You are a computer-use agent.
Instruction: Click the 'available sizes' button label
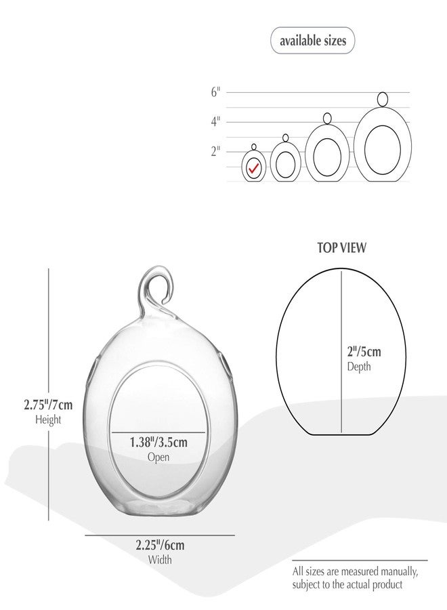tap(312, 41)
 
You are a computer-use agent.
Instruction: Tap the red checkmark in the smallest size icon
tap(255, 167)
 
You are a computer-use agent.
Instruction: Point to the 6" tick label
tap(215, 92)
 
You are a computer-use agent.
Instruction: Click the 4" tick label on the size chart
tap(215, 122)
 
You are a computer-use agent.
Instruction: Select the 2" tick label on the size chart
tap(215, 151)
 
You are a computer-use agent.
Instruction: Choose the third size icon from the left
tap(327, 153)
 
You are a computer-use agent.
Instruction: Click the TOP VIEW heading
tap(341, 248)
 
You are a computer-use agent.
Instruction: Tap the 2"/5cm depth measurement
tap(364, 352)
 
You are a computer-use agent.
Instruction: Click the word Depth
tap(359, 367)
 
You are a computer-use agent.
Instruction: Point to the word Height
tap(47, 420)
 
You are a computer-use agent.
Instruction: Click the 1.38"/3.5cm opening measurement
tap(158, 443)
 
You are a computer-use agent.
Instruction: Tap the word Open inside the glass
tap(158, 457)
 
